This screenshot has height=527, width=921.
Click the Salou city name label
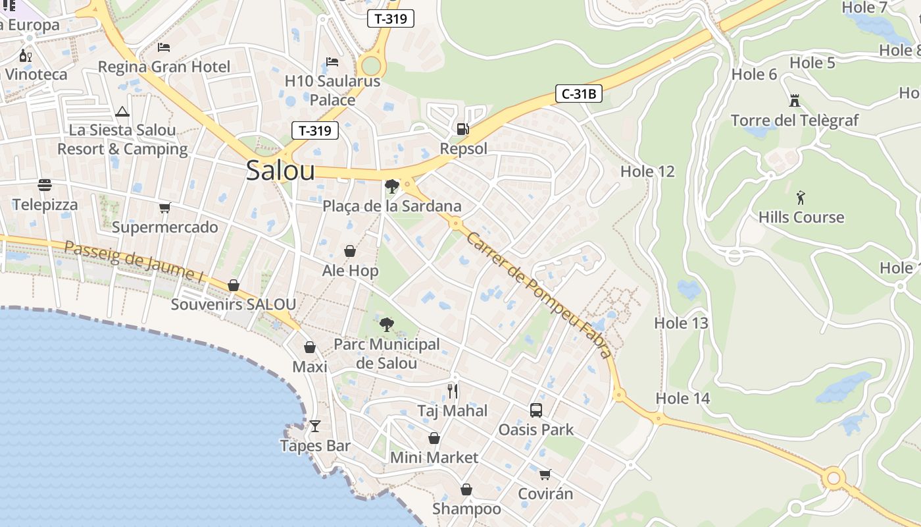coord(280,171)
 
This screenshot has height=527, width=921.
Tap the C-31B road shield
coord(579,94)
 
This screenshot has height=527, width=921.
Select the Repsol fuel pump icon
coord(463,128)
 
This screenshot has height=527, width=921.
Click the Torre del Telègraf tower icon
coord(795,101)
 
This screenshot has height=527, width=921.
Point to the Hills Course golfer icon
coord(801,197)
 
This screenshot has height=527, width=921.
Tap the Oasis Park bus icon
coord(536,410)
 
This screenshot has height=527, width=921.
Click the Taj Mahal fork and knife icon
coord(453,391)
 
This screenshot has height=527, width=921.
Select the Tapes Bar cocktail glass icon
coord(315,426)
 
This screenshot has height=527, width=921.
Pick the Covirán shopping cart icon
coord(545,474)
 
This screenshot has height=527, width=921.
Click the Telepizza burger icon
coord(45,185)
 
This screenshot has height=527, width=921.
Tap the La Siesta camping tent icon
coord(122,111)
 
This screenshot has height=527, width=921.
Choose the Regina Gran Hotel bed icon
coord(164,47)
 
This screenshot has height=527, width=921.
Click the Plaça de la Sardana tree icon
coord(392,186)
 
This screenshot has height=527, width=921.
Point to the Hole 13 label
coord(681,323)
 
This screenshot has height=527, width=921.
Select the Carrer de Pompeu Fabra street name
coord(539,295)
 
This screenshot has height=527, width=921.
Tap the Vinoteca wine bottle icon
coord(25,55)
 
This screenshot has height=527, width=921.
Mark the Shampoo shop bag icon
coord(466,489)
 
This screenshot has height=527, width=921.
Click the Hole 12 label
coord(647,172)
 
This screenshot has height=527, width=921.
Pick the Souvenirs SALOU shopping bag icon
coord(234,285)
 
